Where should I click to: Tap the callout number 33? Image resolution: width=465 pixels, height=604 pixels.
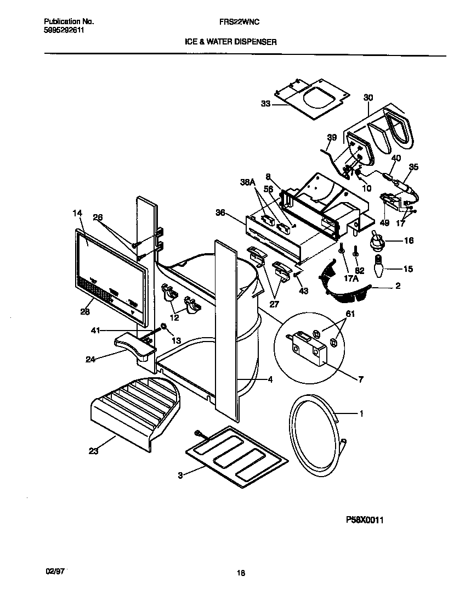(266, 103)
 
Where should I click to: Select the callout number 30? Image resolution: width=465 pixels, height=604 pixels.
(368, 97)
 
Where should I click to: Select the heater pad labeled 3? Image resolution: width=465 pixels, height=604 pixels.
(236, 456)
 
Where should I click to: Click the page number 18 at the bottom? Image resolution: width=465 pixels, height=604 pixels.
(240, 573)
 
